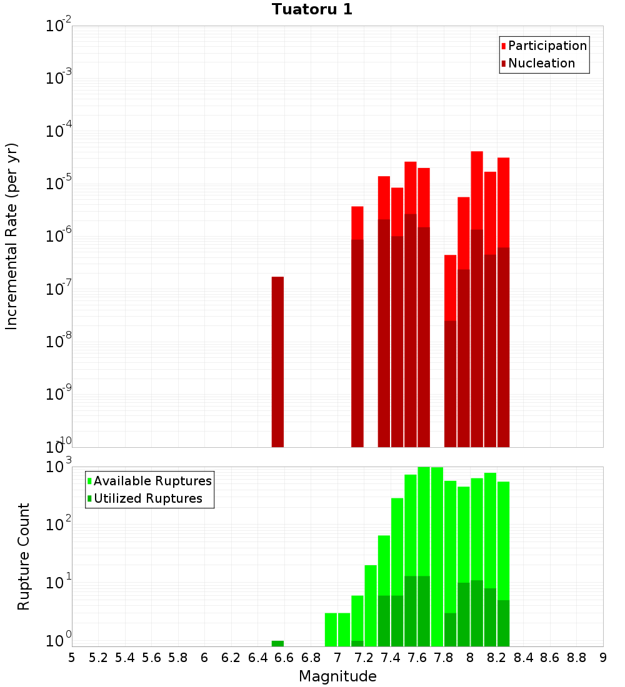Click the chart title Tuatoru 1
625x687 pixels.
[312, 9]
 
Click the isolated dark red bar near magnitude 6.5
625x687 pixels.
[277, 362]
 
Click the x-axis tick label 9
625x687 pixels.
[603, 658]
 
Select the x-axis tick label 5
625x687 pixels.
[72, 658]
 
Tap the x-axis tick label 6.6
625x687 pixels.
[284, 658]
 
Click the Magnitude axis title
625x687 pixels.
[337, 676]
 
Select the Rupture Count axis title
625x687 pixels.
[24, 556]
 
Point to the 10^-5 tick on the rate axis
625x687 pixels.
[59, 184]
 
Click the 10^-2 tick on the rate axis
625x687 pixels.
[59, 26]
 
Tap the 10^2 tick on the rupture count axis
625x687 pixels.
[59, 525]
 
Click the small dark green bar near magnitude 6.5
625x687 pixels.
[277, 643]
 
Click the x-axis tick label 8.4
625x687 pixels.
[523, 658]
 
